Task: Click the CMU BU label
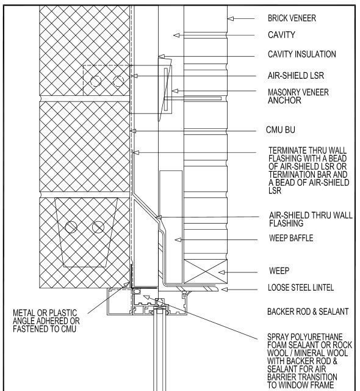pyautogui.click(x=283, y=131)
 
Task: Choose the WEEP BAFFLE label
pyautogui.click(x=292, y=238)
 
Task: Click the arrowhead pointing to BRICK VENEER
pyautogui.click(x=231, y=19)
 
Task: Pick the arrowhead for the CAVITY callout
pyautogui.click(x=176, y=35)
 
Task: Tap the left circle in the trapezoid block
pyautogui.click(x=71, y=227)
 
